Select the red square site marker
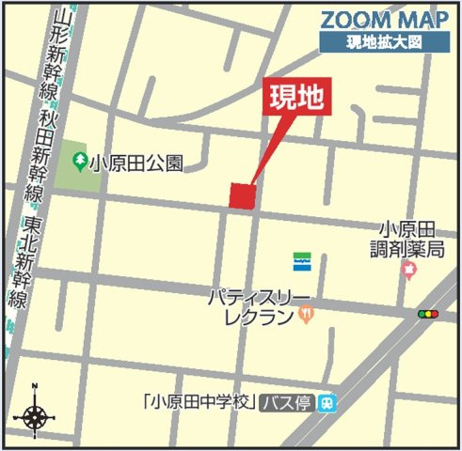pyautogui.click(x=243, y=195)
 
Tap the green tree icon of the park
pyautogui.click(x=82, y=161)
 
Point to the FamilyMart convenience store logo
pyautogui.click(x=302, y=257)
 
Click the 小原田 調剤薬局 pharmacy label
pyautogui.click(x=409, y=242)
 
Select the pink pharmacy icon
pyautogui.click(x=408, y=271)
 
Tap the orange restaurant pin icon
pyautogui.click(x=306, y=317)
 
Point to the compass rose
pyautogui.click(x=35, y=413)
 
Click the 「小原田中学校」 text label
pyautogui.click(x=199, y=401)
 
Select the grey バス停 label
pyautogui.click(x=287, y=401)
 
